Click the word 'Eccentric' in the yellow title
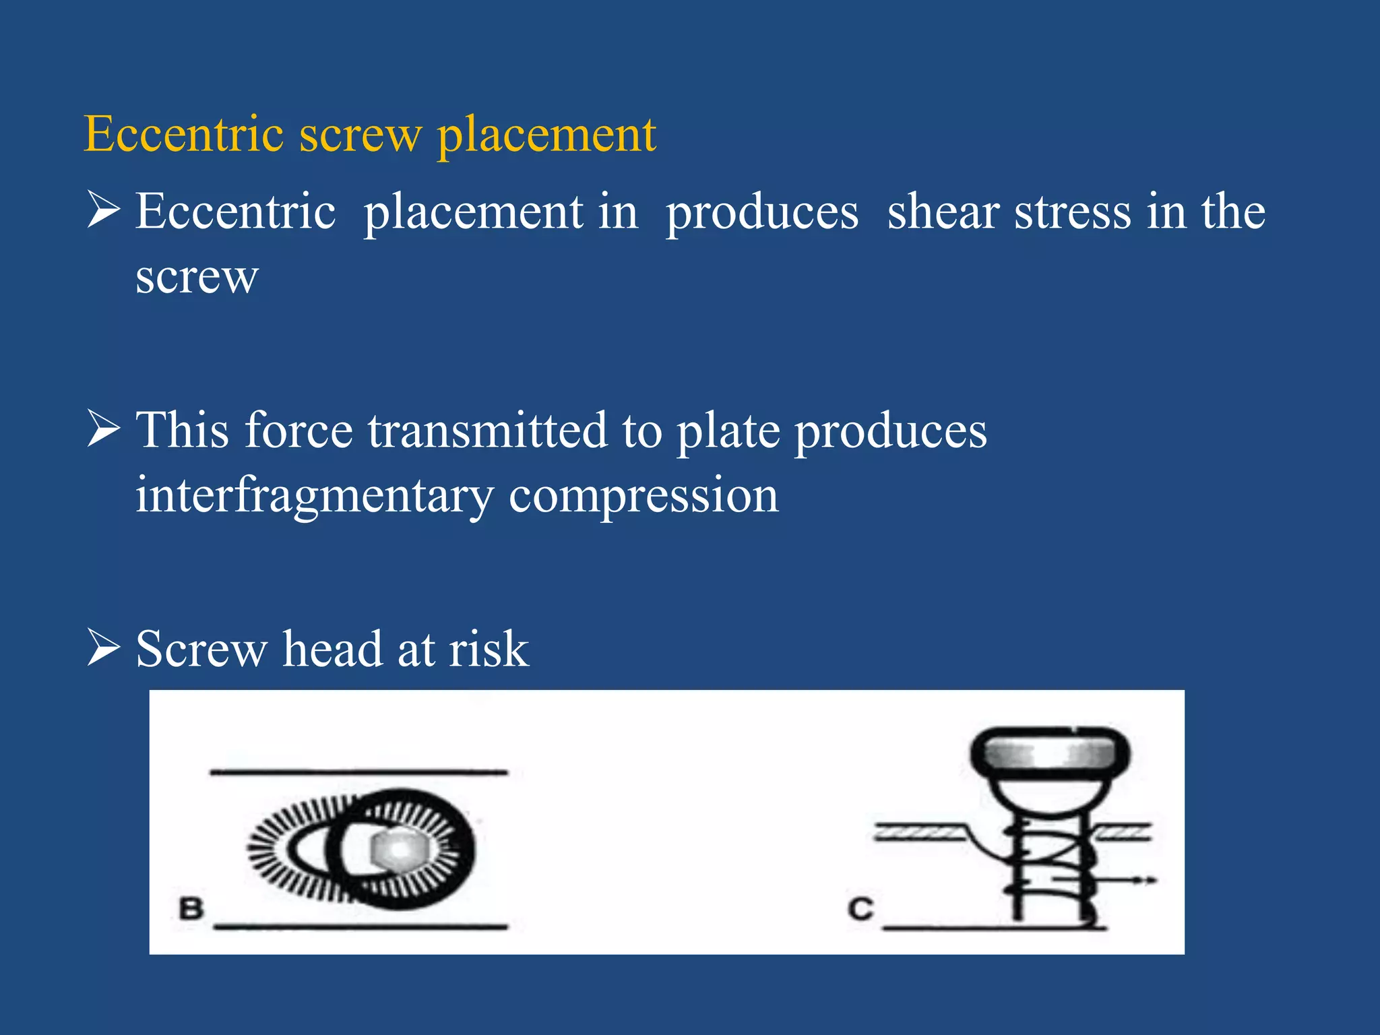(x=183, y=134)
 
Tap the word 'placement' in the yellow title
(x=546, y=135)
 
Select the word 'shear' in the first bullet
(x=943, y=212)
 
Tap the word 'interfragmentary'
(x=315, y=496)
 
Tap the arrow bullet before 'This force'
(x=104, y=430)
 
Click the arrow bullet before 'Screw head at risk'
(x=104, y=648)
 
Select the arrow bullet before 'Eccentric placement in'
(x=104, y=211)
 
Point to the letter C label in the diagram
(x=860, y=908)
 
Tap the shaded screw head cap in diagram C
(x=1050, y=753)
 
